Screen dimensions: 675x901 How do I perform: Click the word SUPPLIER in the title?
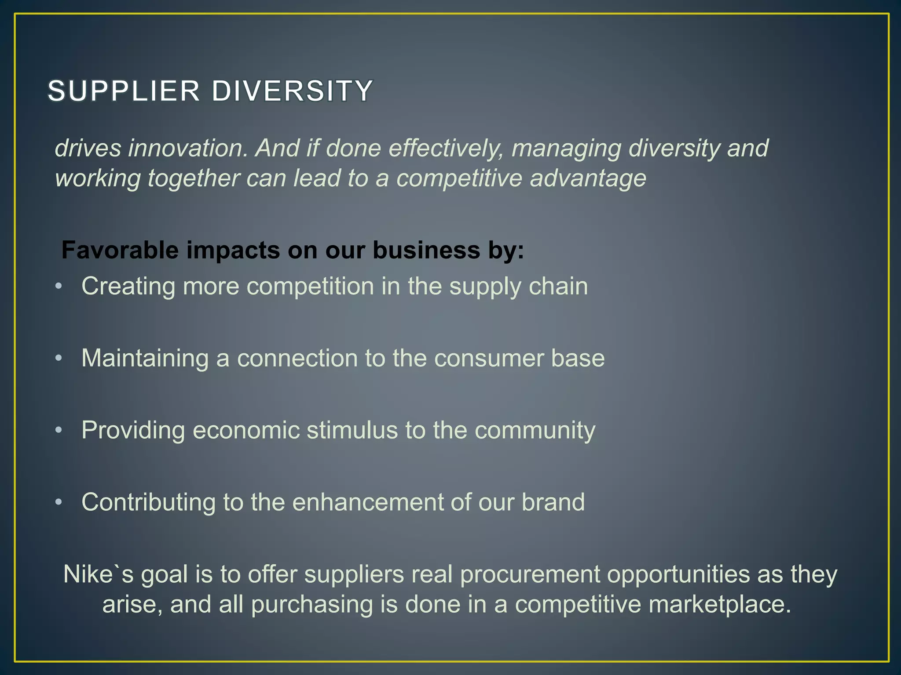pos(124,91)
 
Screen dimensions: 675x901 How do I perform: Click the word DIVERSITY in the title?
pos(292,91)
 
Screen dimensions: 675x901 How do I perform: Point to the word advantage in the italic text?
pos(588,179)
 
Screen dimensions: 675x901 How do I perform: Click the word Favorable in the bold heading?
pos(120,250)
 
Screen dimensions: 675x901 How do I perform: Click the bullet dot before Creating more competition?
pos(59,287)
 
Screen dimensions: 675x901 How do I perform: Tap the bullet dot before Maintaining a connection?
pos(59,359)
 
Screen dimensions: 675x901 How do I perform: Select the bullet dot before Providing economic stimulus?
pos(59,431)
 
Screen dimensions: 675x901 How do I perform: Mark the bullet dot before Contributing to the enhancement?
pos(59,502)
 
